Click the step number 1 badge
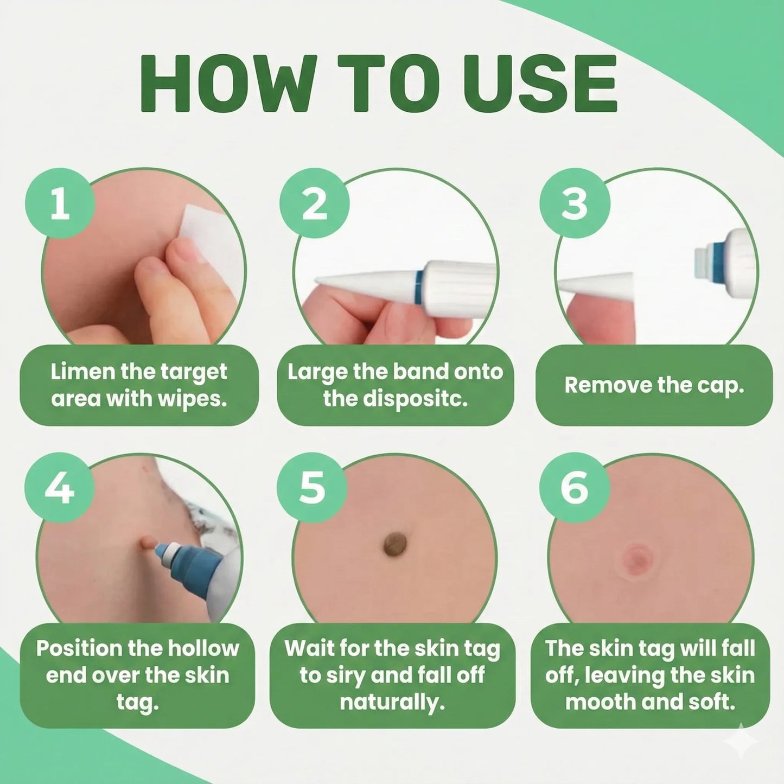(x=60, y=203)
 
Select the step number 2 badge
(x=314, y=203)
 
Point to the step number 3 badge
(x=575, y=203)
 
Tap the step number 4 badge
(x=60, y=487)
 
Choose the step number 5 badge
(x=312, y=487)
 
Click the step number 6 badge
(x=575, y=487)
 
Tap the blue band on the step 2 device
(x=418, y=286)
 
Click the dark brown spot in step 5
(x=394, y=544)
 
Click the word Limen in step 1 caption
(x=82, y=372)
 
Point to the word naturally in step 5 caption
(x=392, y=702)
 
